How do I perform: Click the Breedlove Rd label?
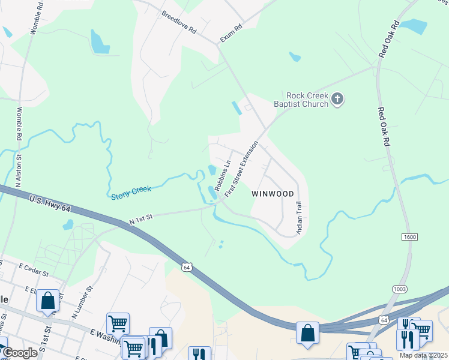coord(178,22)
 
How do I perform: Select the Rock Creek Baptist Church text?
coord(307,100)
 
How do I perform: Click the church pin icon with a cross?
coord(338,99)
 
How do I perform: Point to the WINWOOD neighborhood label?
coord(273,194)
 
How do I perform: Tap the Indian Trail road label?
coord(298,217)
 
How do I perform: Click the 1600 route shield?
coord(410,238)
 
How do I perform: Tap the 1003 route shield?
coord(399,289)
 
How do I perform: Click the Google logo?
coord(19,353)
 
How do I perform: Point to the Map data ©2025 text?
coord(423,355)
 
